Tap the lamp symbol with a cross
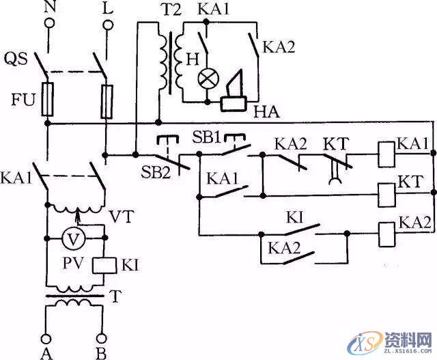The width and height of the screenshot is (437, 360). [206, 79]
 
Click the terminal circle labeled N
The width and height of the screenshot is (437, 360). [49, 25]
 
